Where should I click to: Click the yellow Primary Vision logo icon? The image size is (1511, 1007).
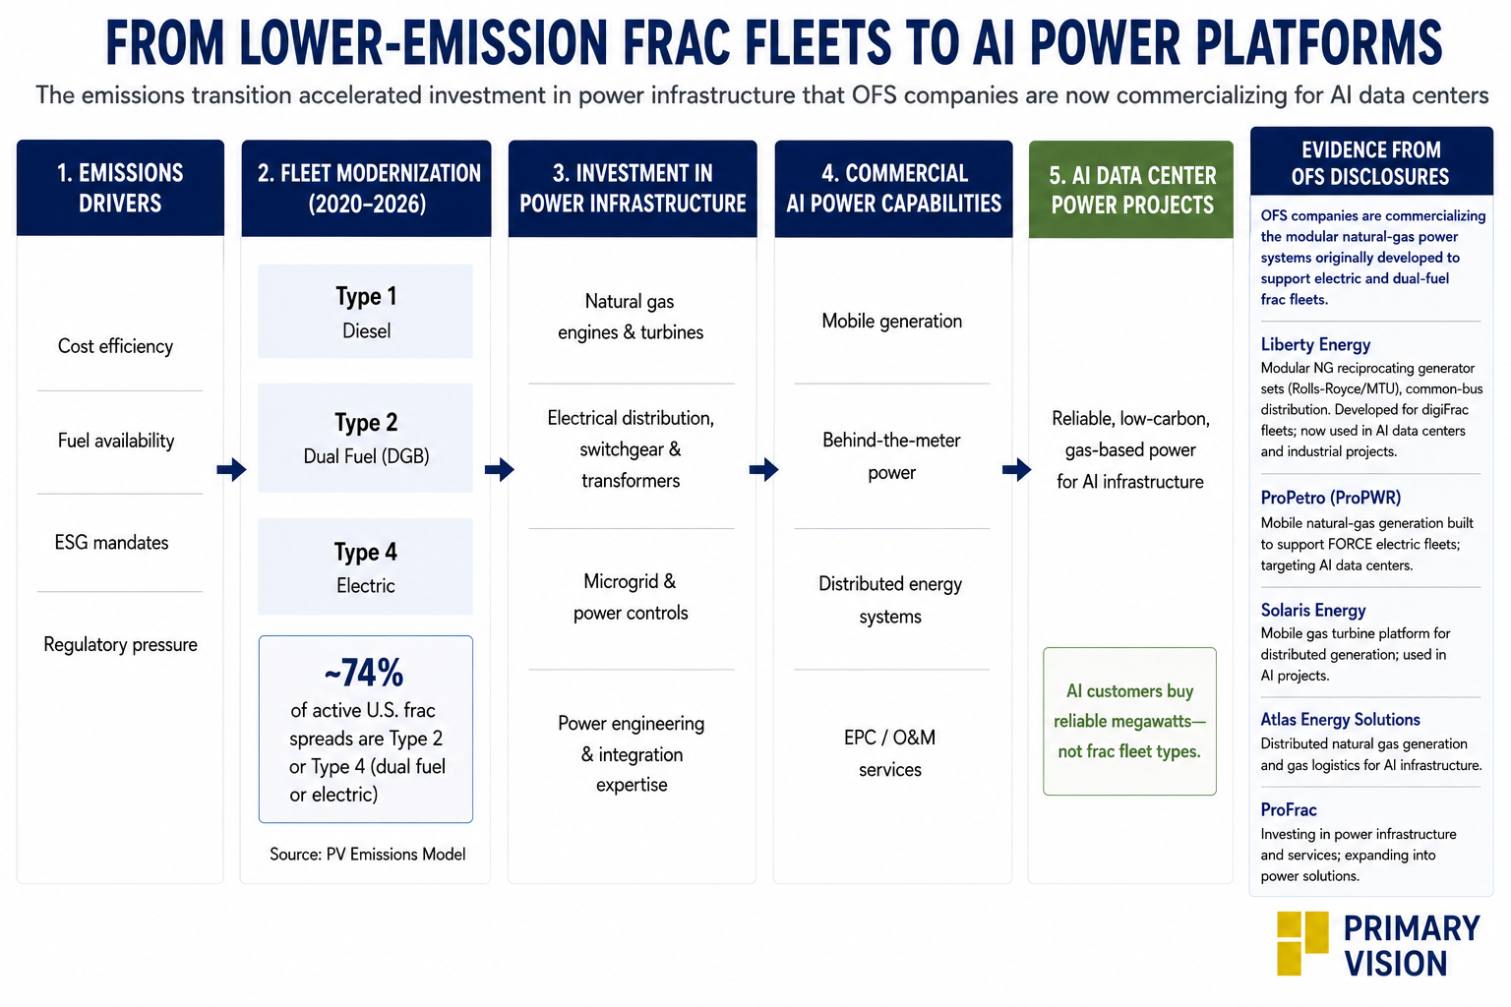(x=1301, y=943)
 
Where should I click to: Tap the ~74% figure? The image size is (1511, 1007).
(x=364, y=673)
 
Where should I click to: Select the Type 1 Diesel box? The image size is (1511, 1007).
(x=366, y=311)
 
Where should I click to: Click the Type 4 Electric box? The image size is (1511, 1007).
(x=366, y=566)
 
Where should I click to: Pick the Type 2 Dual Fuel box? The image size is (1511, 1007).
(x=366, y=438)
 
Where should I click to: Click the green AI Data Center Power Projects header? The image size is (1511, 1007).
(x=1131, y=190)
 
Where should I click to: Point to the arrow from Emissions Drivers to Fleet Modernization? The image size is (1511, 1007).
(x=231, y=469)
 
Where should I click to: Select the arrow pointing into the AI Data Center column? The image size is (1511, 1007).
(x=1016, y=469)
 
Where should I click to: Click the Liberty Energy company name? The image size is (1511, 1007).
(x=1315, y=344)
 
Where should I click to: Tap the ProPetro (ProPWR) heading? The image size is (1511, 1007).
(x=1331, y=498)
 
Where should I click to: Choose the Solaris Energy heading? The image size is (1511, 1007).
(x=1313, y=611)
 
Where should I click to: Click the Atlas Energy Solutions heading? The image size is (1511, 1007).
(x=1341, y=720)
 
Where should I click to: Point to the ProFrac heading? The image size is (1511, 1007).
(x=1289, y=809)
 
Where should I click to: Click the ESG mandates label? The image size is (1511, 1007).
(x=111, y=542)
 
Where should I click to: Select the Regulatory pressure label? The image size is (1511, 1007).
(x=120, y=645)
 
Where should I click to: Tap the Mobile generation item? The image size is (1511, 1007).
(x=892, y=321)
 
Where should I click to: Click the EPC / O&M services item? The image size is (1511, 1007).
(x=889, y=753)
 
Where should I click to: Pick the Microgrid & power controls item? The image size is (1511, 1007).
(x=631, y=597)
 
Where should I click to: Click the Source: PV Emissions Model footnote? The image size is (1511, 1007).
(x=368, y=855)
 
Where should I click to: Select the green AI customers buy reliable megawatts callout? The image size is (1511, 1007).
(x=1130, y=722)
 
